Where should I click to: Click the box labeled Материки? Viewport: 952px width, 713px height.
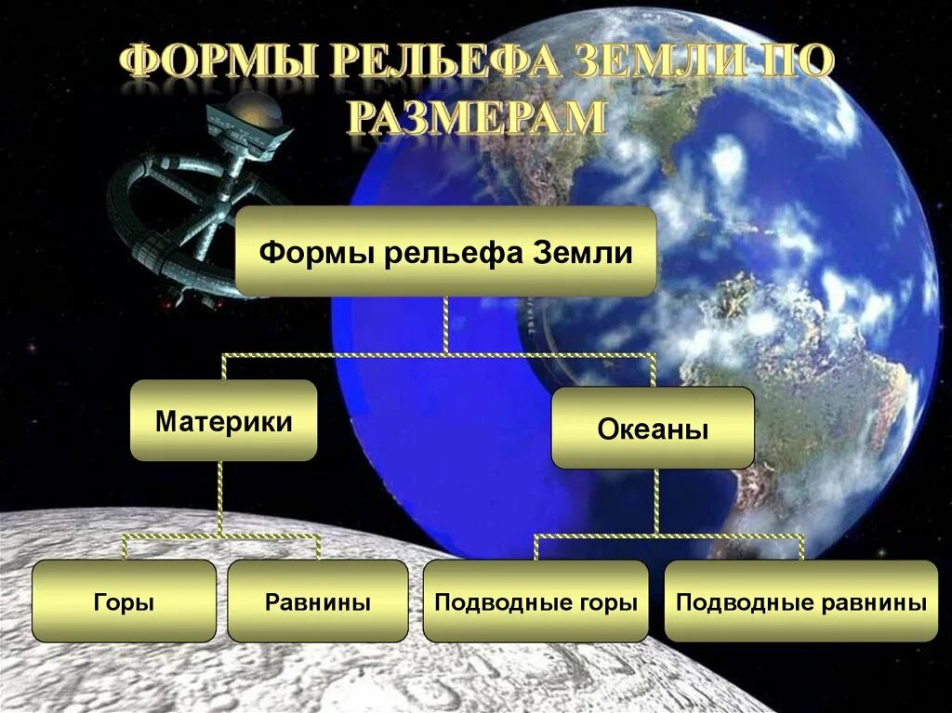click(223, 420)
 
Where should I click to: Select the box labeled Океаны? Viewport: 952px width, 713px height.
click(653, 429)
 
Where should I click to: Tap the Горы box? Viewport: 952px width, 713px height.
click(124, 601)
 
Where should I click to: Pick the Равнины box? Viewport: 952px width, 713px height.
click(318, 601)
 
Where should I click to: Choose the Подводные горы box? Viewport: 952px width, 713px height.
click(535, 601)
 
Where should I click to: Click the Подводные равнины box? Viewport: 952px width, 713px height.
click(801, 601)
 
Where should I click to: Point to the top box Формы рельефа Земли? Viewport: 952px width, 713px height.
click(446, 252)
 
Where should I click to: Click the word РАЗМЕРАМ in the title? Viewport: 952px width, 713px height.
click(477, 119)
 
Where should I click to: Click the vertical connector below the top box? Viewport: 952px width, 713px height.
click(446, 324)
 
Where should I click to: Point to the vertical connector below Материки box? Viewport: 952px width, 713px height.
click(221, 497)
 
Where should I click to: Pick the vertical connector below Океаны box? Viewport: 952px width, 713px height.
click(655, 501)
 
